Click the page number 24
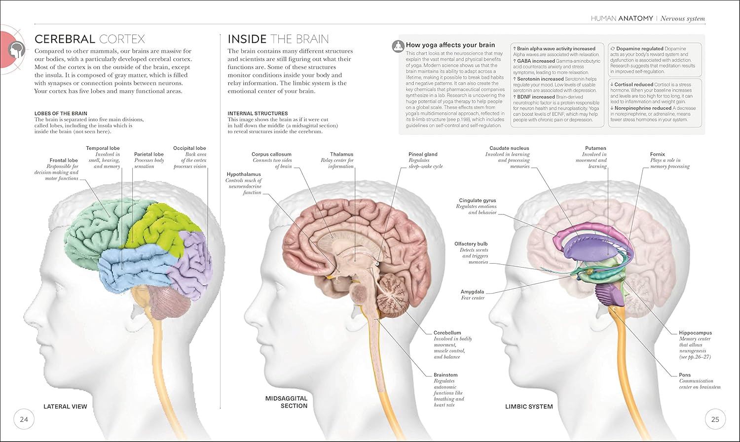pyautogui.click(x=24, y=419)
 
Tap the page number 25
pyautogui.click(x=715, y=419)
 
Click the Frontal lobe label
pyautogui.click(x=64, y=160)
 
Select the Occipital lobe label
pyautogui.click(x=189, y=148)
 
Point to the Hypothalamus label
pyautogui.click(x=244, y=174)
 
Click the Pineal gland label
pyautogui.click(x=423, y=154)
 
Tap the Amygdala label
pyautogui.click(x=473, y=292)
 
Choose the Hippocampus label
pyautogui.click(x=696, y=333)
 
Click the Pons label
pyautogui.click(x=685, y=374)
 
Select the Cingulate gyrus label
pyautogui.click(x=478, y=200)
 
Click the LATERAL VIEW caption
pyautogui.click(x=66, y=407)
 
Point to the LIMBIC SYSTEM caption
pyautogui.click(x=529, y=407)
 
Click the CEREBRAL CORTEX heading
pyautogui.click(x=90, y=39)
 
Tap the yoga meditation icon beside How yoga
pyautogui.click(x=399, y=46)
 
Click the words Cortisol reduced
pyautogui.click(x=633, y=84)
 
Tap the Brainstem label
pyautogui.click(x=445, y=374)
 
